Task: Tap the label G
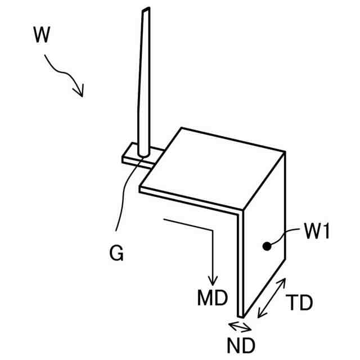[116, 254]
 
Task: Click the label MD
[211, 298]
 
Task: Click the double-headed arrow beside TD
[271, 299]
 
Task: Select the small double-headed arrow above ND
[240, 326]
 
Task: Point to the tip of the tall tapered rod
[146, 10]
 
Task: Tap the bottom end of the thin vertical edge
[240, 316]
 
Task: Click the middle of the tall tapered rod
[143, 84]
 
